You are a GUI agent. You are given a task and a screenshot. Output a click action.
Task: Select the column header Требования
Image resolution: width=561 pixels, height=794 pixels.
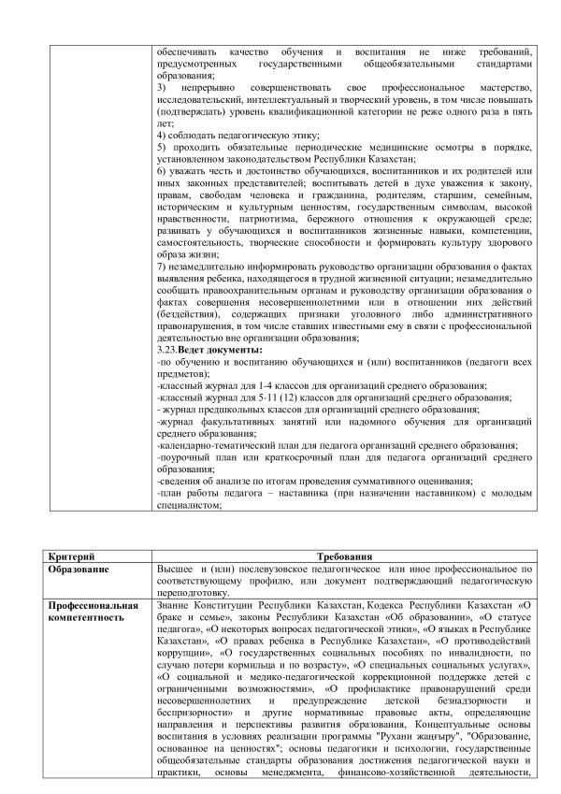(x=345, y=556)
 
